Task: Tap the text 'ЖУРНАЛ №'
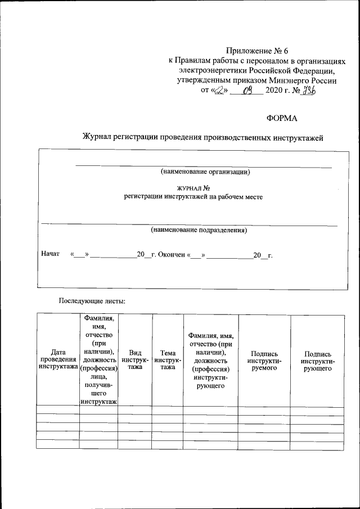(193, 188)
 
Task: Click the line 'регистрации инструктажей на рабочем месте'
(193, 197)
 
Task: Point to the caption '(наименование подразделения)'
(199, 230)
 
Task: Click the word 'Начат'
(50, 254)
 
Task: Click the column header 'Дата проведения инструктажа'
(57, 359)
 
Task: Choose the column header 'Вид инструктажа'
(135, 359)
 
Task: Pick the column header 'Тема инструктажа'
(167, 359)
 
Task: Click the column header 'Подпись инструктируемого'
(264, 360)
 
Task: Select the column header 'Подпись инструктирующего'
(317, 360)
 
